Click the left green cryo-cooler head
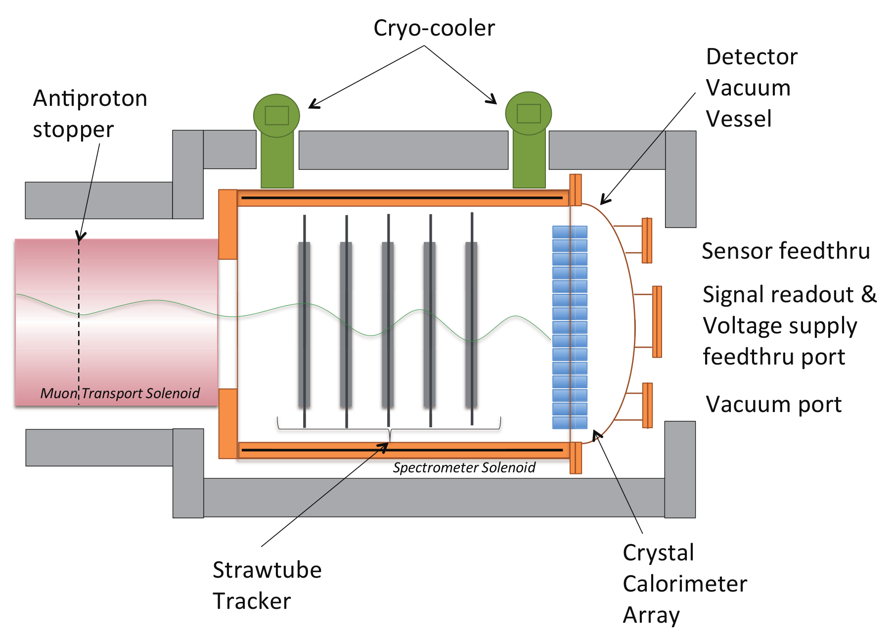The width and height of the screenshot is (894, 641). tap(276, 116)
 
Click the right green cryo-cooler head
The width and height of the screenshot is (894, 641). tap(528, 113)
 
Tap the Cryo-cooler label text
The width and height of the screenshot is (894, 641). tap(434, 28)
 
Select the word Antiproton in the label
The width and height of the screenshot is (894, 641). tap(90, 98)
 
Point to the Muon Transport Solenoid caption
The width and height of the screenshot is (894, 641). tap(120, 393)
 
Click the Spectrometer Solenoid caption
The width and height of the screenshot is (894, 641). tap(464, 468)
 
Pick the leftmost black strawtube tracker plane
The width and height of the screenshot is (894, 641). tap(304, 326)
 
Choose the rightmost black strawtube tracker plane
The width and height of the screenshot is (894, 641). tap(471, 326)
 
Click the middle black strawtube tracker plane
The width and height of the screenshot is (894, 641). tap(388, 326)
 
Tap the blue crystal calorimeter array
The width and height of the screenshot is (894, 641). tap(570, 327)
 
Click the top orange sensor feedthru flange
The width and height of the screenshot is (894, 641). tap(647, 240)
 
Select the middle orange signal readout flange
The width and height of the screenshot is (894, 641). tap(657, 321)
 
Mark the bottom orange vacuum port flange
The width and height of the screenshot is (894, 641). tap(647, 405)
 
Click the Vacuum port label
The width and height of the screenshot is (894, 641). tap(773, 404)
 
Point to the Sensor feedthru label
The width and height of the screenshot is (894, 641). tap(785, 251)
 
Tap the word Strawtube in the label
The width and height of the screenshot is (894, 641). tap(267, 570)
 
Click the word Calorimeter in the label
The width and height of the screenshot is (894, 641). tap(685, 584)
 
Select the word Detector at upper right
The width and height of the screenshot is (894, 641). tap(752, 57)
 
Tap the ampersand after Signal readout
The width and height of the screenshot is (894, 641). tap(869, 294)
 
